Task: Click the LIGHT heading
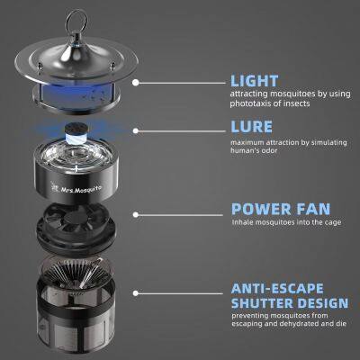point(255,81)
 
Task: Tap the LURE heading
point(251,127)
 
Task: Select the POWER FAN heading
point(281,209)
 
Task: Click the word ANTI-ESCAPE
point(277,289)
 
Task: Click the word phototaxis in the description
point(249,103)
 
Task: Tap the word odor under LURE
point(270,150)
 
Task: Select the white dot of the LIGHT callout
point(136,83)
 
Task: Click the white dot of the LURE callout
point(136,131)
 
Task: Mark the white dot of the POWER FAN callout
point(136,215)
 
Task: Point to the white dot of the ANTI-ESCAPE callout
point(136,293)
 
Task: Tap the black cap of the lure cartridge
point(75,129)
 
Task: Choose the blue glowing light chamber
point(76,94)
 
